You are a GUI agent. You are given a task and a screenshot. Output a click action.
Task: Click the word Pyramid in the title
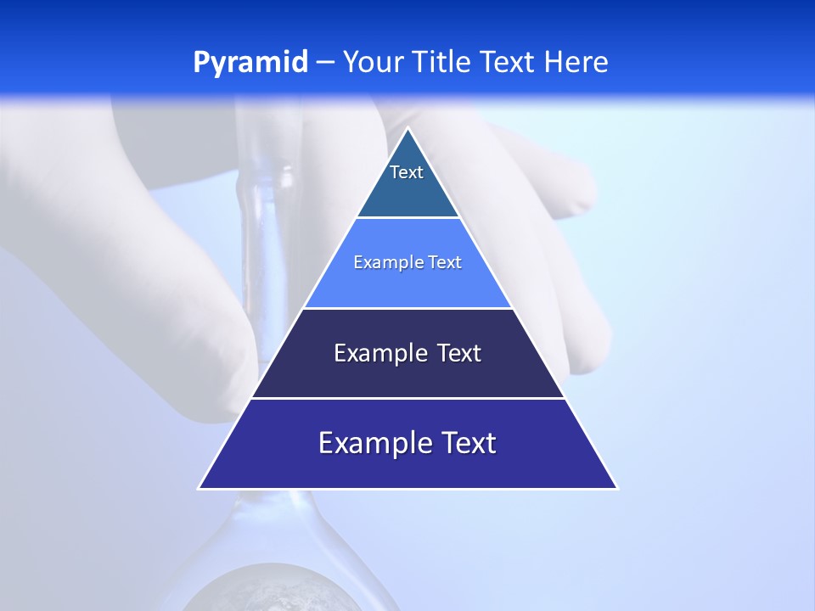click(x=250, y=63)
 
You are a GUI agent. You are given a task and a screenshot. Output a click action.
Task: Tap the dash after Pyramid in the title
click(x=325, y=63)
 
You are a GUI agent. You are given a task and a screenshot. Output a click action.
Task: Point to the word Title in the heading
click(x=442, y=63)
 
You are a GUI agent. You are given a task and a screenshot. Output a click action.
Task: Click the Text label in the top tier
click(x=407, y=172)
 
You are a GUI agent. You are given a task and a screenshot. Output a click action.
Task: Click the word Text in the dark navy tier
click(x=459, y=353)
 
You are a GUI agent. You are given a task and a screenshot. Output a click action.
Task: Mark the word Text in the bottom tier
click(x=469, y=443)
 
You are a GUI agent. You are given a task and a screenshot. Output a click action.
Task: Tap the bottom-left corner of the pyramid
click(x=200, y=488)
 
